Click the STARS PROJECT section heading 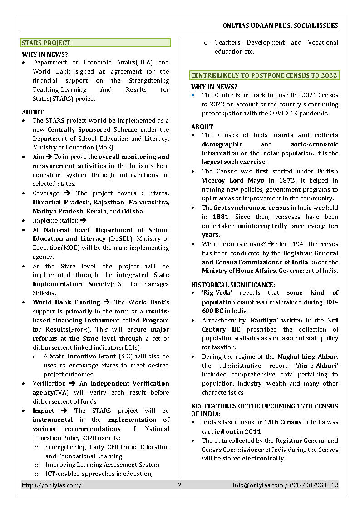(46, 43)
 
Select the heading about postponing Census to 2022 (264, 75)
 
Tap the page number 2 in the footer (179, 485)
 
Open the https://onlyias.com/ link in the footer (52, 485)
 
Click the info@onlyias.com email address (257, 485)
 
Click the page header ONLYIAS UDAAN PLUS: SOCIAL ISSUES (280, 25)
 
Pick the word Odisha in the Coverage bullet (133, 211)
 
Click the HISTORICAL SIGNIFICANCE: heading (233, 285)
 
